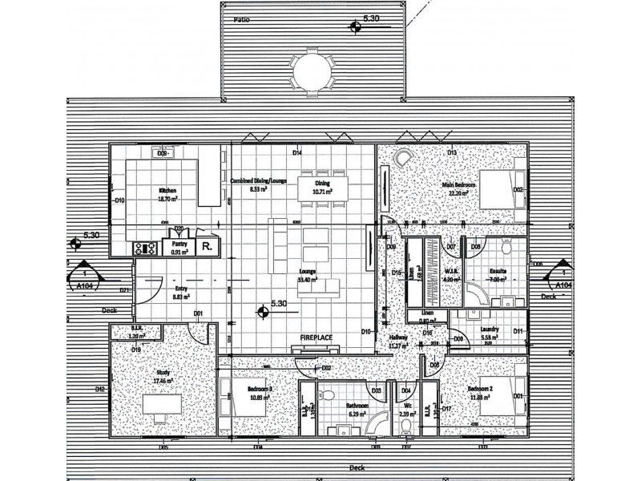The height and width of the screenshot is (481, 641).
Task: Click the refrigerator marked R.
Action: coord(208,247)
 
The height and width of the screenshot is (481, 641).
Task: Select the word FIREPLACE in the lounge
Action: coord(316,338)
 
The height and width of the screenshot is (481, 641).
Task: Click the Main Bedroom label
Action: coord(460,185)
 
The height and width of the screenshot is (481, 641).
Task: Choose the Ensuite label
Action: coord(498,272)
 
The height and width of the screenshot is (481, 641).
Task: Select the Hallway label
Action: coord(398,338)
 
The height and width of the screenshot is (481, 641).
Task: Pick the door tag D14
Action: coord(296,152)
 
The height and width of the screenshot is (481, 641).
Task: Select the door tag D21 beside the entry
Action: coord(125,290)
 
